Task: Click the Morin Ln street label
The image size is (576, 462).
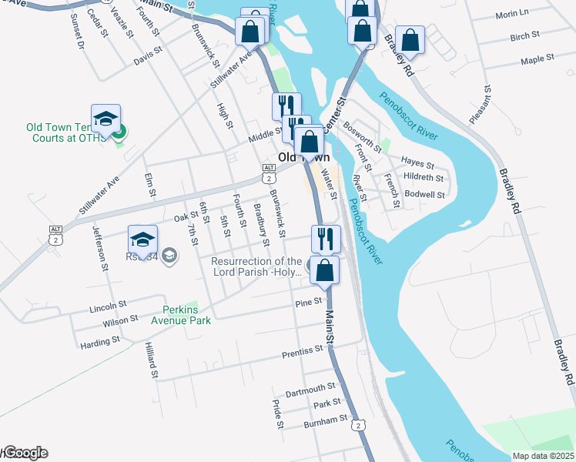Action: [x=512, y=15]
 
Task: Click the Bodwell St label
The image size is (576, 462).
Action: [x=425, y=195]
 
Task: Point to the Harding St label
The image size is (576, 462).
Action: [x=100, y=340]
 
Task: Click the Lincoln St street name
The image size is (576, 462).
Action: [x=108, y=306]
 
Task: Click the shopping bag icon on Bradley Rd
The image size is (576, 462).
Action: [x=410, y=41]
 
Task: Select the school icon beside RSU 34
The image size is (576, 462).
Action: [x=142, y=239]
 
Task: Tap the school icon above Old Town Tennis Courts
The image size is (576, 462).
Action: [x=105, y=119]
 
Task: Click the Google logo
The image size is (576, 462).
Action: [x=25, y=453]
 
